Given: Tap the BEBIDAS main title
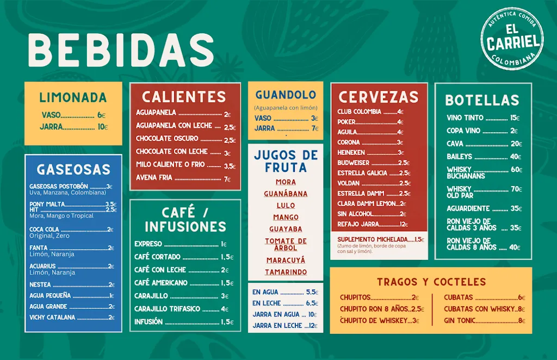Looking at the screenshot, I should (121, 50).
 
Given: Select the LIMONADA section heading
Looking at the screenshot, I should (73, 98).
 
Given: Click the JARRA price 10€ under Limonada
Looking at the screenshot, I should (102, 127).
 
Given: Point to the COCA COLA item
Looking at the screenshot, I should (45, 229).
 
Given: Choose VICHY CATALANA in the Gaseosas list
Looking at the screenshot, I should (53, 318).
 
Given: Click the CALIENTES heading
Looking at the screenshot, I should (184, 97).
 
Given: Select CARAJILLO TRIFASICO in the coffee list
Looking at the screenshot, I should (168, 309).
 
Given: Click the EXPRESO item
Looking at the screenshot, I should (148, 244).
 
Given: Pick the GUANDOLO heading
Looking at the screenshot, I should (286, 95).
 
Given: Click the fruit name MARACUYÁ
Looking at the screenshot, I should (286, 260).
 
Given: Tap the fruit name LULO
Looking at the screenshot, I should (286, 206).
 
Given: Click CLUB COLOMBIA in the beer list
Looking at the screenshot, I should (359, 112).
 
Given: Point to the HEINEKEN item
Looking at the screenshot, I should (351, 153).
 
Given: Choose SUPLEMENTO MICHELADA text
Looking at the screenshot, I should (372, 239).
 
